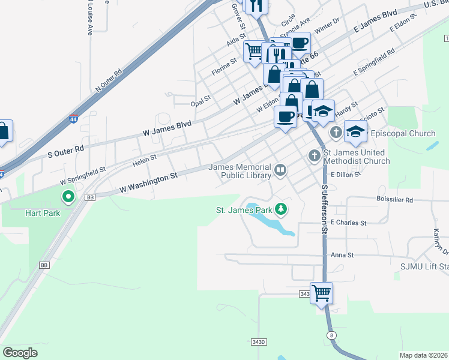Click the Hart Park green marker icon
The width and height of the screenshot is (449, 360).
(68, 196)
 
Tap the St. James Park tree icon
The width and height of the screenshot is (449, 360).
(280, 209)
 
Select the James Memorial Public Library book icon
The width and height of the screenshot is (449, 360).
(280, 171)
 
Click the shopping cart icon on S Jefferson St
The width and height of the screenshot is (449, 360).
(322, 293)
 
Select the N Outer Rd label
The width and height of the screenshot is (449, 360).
(109, 80)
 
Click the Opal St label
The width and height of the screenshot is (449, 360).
(200, 98)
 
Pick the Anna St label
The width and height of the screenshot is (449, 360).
(342, 255)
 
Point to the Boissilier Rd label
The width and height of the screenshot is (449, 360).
(393, 200)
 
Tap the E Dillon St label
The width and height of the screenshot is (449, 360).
(345, 174)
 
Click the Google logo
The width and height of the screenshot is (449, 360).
(20, 353)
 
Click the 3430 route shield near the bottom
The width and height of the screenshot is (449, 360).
(258, 341)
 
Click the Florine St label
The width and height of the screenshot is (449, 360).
(224, 67)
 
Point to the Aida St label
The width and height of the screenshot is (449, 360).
(232, 43)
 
